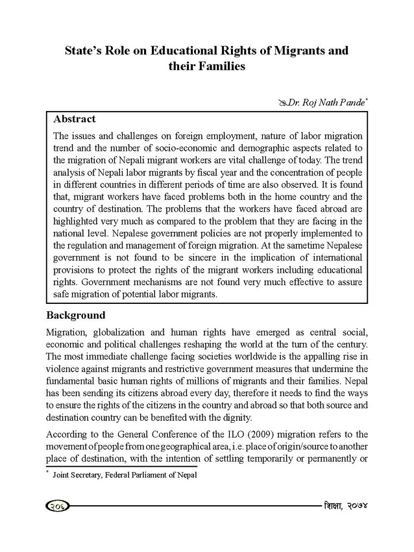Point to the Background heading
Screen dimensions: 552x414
pos(76,316)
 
